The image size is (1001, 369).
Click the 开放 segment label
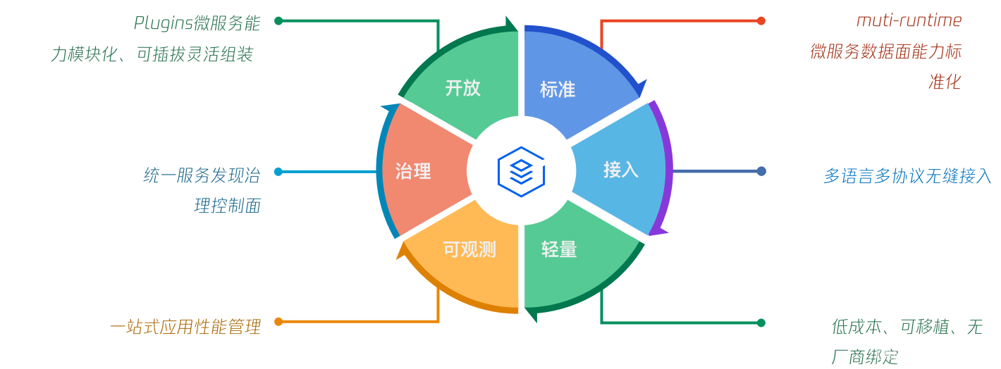point(462,88)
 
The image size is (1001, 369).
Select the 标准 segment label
point(558,89)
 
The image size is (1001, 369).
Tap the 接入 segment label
point(620,170)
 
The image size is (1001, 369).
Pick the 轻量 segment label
point(559,249)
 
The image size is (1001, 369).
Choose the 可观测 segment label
point(469,249)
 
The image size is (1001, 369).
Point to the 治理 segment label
point(413,171)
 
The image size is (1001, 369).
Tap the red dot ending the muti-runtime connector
point(761,20)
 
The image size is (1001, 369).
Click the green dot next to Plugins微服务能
point(278,20)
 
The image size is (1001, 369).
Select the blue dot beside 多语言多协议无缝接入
point(761,171)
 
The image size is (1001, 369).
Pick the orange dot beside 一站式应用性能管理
point(278,322)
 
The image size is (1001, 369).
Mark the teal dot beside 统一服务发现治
point(278,171)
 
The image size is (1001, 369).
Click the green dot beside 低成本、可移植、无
point(761,323)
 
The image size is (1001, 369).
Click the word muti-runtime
point(909,21)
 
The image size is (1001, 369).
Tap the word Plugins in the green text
point(163,24)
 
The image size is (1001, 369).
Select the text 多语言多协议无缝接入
point(907,176)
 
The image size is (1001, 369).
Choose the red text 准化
point(945,82)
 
